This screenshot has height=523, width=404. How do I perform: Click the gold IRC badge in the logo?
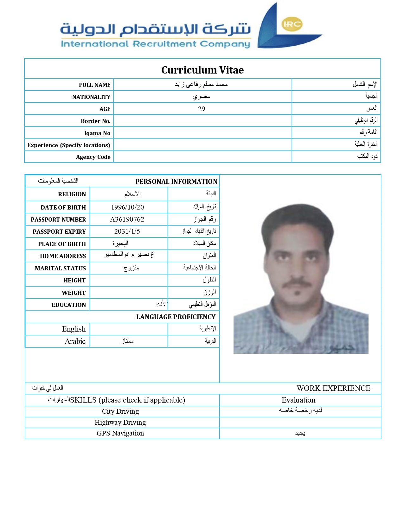pyautogui.click(x=292, y=24)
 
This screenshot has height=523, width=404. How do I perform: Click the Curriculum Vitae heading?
pyautogui.click(x=202, y=70)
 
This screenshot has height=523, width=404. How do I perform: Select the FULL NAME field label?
pyautogui.click(x=95, y=85)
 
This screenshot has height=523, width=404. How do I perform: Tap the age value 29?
pyautogui.click(x=202, y=109)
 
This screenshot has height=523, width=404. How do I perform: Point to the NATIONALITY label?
pyautogui.click(x=91, y=97)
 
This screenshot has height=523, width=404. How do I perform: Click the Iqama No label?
pyautogui.click(x=97, y=133)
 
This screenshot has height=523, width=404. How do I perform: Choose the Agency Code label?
pyautogui.click(x=93, y=157)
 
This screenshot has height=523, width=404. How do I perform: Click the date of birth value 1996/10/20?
pyautogui.click(x=127, y=207)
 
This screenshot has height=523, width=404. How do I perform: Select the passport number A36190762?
pyautogui.click(x=127, y=219)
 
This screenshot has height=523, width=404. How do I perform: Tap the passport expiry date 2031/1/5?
pyautogui.click(x=127, y=231)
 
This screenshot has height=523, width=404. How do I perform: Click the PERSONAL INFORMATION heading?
pyautogui.click(x=176, y=182)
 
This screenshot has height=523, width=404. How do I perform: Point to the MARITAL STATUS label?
pyautogui.click(x=60, y=268)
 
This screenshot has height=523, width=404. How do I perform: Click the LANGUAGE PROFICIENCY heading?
pyautogui.click(x=176, y=317)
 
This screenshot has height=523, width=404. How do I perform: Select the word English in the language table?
pyautogui.click(x=74, y=329)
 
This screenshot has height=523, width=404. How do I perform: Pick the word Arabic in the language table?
pyautogui.click(x=75, y=341)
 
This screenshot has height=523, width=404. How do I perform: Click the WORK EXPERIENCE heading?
pyautogui.click(x=333, y=388)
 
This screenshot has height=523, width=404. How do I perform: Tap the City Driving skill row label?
pyautogui.click(x=120, y=411)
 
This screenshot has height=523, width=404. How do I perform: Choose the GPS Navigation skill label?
pyautogui.click(x=120, y=433)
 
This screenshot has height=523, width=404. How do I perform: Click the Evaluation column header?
pyautogui.click(x=298, y=400)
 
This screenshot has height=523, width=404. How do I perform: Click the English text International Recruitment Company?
pyautogui.click(x=156, y=44)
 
